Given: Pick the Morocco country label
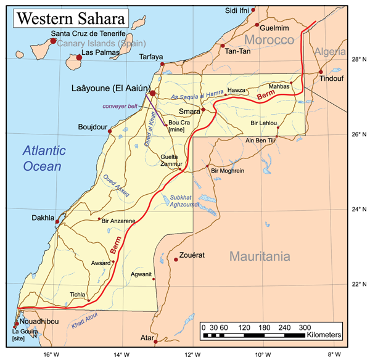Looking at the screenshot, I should coord(269,40).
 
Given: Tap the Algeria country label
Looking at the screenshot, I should coord(331,52).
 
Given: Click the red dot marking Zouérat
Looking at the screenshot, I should coord(176,260).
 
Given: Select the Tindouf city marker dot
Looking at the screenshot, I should coord(321,72).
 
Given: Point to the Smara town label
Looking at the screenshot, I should coord(189,112).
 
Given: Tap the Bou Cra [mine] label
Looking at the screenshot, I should coord(179,126).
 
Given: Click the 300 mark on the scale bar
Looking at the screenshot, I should coord(305,327).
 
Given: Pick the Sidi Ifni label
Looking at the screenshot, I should coord(237,10).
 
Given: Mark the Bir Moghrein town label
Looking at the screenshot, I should coord(228,170).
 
